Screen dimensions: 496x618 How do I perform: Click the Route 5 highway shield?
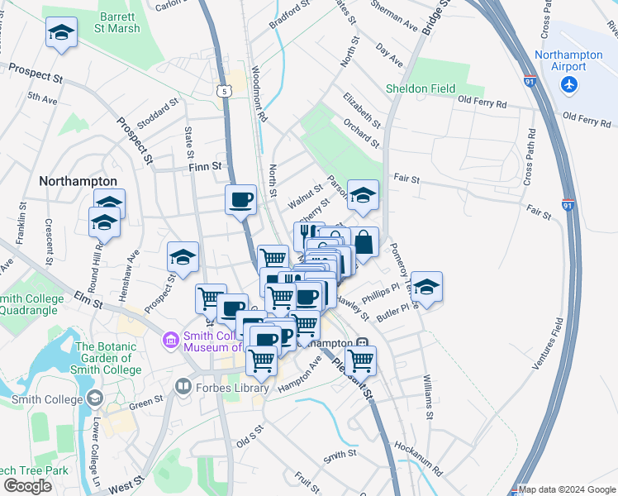coord(224,90)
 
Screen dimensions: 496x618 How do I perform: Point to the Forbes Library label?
coord(232,387)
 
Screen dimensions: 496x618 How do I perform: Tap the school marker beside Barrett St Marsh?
coord(60,34)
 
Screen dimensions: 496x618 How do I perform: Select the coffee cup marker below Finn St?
coord(240,200)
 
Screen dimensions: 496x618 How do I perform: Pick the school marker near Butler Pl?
coord(426,288)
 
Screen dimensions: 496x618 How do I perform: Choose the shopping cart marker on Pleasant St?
coord(360,360)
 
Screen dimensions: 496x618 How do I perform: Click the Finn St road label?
coord(206,166)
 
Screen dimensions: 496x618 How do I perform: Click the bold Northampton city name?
coord(78,180)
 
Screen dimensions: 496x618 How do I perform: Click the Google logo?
coord(27,485)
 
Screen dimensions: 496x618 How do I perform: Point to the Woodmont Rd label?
coord(259,94)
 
